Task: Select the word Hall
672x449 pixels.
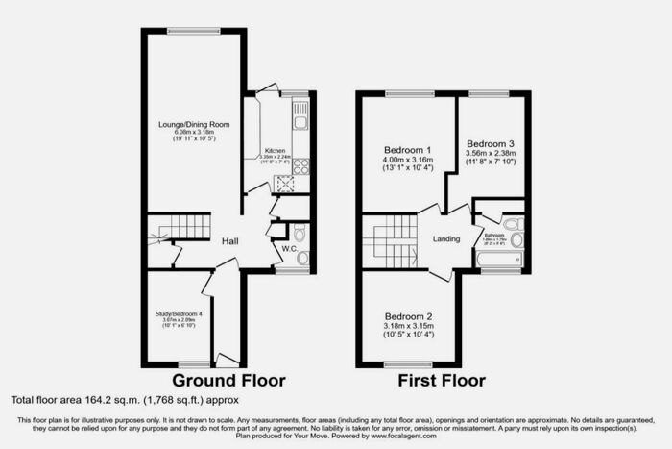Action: [229, 241]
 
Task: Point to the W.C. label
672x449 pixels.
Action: [287, 249]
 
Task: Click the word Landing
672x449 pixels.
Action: [446, 238]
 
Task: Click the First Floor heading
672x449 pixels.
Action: [443, 380]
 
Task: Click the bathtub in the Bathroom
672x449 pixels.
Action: [499, 260]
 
